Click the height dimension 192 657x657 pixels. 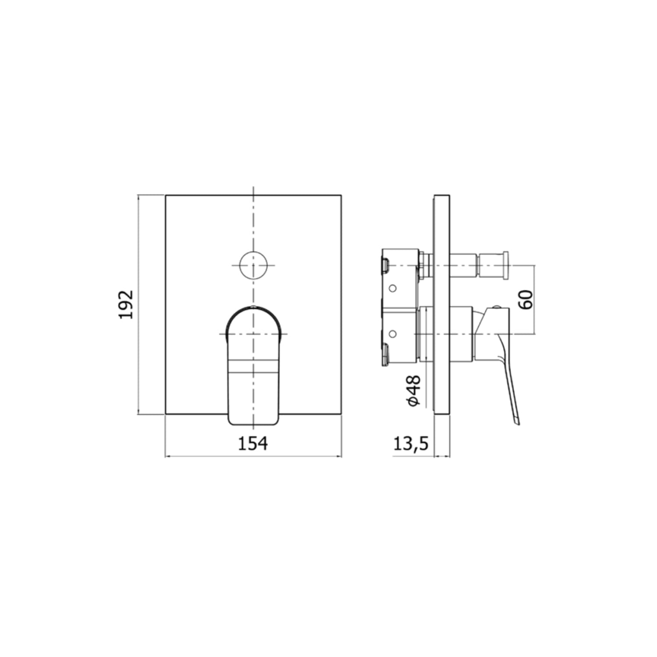[126, 304]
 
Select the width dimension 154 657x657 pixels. [253, 443]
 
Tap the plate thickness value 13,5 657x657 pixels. [410, 444]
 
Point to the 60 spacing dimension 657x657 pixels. [526, 300]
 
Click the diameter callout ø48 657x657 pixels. [413, 391]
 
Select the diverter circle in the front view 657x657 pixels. [253, 265]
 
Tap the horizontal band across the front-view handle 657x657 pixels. [253, 367]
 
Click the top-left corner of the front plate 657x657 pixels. [166, 195]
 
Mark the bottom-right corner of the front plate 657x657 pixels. [341, 413]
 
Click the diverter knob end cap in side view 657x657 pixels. [505, 265]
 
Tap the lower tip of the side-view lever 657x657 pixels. [517, 422]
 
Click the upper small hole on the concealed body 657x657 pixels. [393, 289]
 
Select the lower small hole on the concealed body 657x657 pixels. [393, 335]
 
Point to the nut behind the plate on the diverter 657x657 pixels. [423, 265]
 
